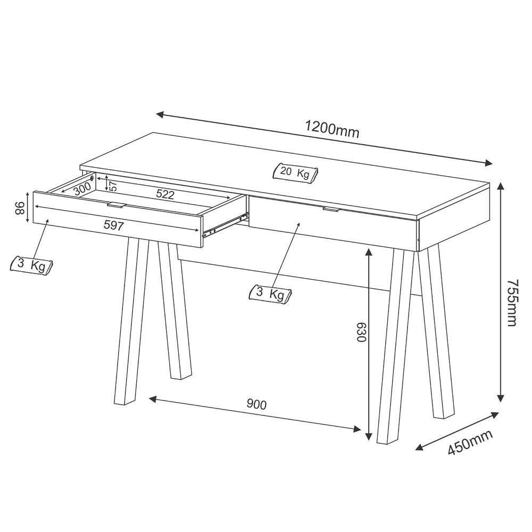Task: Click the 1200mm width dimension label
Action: tap(332, 129)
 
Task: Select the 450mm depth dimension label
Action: tap(470, 442)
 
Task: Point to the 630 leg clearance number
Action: tap(361, 331)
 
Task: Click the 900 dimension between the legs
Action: tap(256, 404)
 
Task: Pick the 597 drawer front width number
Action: tap(114, 226)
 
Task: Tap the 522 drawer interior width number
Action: tap(165, 195)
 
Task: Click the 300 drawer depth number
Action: tap(82, 189)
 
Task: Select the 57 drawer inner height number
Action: tap(112, 185)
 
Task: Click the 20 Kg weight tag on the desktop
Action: tap(295, 173)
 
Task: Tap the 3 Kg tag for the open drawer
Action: tap(32, 265)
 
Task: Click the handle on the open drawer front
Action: tap(116, 204)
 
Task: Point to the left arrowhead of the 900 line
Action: tap(152, 398)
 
